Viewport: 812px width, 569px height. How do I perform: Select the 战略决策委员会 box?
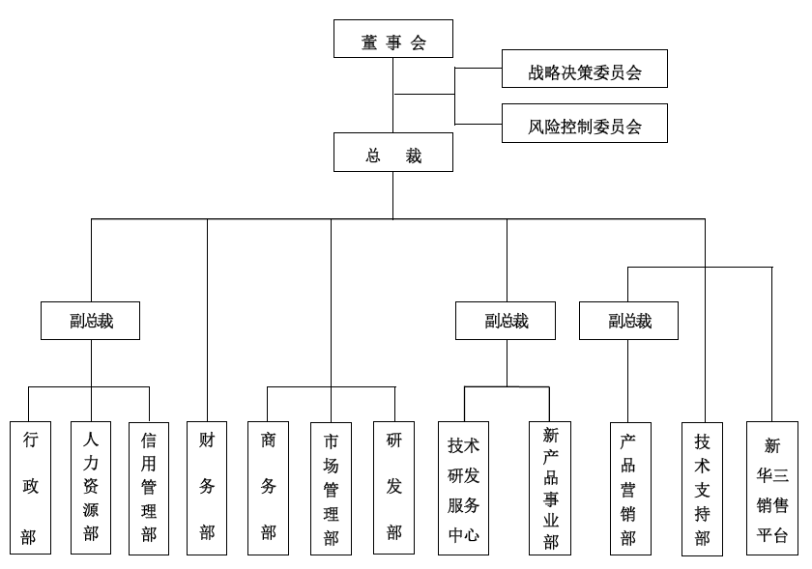click(x=584, y=71)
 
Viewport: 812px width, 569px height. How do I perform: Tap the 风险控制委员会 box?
click(x=584, y=124)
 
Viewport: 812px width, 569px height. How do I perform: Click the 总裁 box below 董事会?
click(x=392, y=153)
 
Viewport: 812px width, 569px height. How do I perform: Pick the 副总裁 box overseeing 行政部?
click(x=90, y=321)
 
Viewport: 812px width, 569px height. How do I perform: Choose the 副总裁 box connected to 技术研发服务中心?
click(x=506, y=321)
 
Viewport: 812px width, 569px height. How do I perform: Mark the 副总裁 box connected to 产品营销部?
click(x=628, y=321)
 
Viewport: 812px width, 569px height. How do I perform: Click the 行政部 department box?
click(x=30, y=488)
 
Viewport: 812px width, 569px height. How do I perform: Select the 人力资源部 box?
click(x=91, y=488)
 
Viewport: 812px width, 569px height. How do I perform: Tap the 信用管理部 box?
click(x=149, y=488)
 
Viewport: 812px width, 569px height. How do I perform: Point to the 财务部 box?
click(x=207, y=488)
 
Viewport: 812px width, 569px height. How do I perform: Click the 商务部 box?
click(x=268, y=488)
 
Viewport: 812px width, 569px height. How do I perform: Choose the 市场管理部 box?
click(x=331, y=488)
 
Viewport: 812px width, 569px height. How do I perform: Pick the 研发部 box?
click(x=393, y=488)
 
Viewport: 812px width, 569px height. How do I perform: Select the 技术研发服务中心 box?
click(x=463, y=488)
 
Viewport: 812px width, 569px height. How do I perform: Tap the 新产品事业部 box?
click(x=550, y=488)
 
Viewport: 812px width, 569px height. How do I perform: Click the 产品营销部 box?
click(x=629, y=488)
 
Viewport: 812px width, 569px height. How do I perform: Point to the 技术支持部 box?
click(x=702, y=488)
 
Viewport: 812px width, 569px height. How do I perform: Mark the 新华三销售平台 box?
click(x=771, y=488)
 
